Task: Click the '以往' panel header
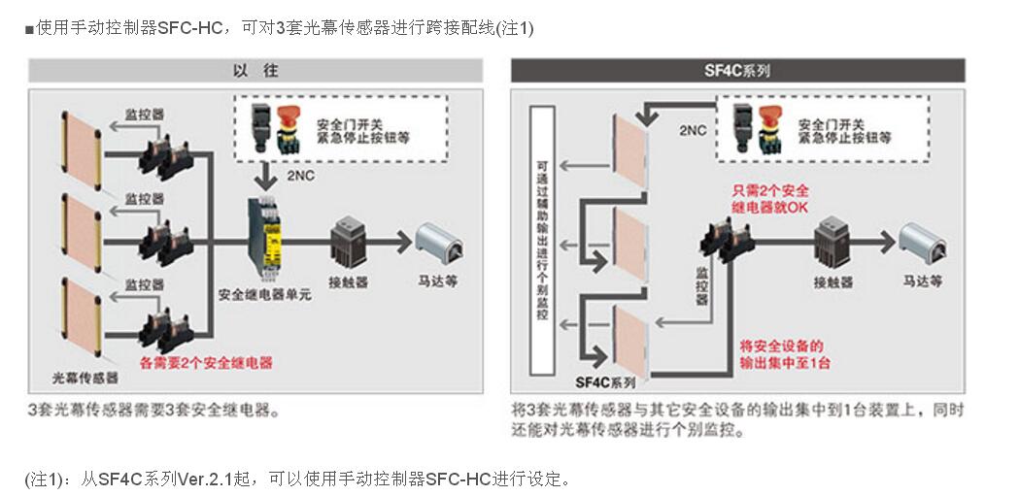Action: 255,70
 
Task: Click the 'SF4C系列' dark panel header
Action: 737,70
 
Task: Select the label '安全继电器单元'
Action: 265,294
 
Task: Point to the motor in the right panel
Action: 922,242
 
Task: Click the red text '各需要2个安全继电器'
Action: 206,363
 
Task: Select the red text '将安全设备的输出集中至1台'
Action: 784,353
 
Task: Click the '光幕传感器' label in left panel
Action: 85,378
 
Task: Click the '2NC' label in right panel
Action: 693,130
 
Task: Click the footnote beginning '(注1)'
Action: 297,479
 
